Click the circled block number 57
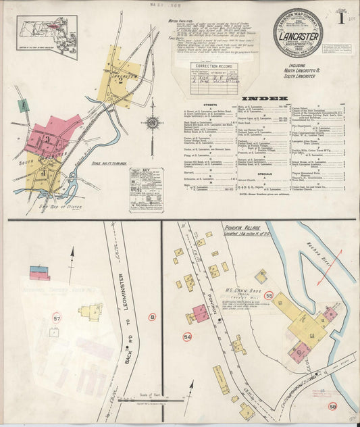pos(56,317)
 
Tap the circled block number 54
pos(187,336)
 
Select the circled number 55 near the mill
pos(268,295)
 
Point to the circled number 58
pos(332,406)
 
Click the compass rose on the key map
pos(152,122)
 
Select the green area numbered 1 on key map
pos(23,105)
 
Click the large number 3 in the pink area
pos(49,140)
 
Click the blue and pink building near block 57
pos(40,273)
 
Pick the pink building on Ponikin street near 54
pos(201,313)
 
